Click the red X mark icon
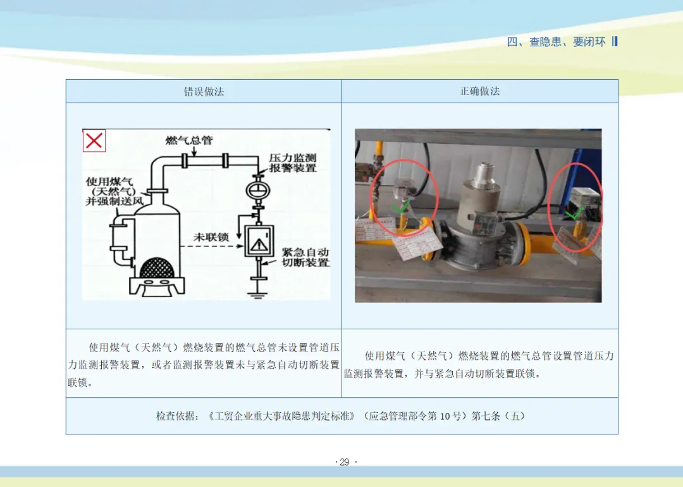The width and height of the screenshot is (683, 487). (94, 141)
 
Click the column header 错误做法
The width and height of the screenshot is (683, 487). (204, 91)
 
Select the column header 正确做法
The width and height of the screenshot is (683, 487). (479, 91)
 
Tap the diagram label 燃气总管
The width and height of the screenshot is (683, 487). (189, 140)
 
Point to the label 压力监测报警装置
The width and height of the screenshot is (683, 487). (292, 162)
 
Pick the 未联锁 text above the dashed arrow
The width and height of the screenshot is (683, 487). (211, 236)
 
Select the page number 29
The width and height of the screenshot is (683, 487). (344, 462)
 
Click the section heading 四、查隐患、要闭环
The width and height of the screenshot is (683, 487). (556, 42)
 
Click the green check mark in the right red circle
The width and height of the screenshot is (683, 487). (572, 214)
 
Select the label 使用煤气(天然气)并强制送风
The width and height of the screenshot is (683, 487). (109, 191)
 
